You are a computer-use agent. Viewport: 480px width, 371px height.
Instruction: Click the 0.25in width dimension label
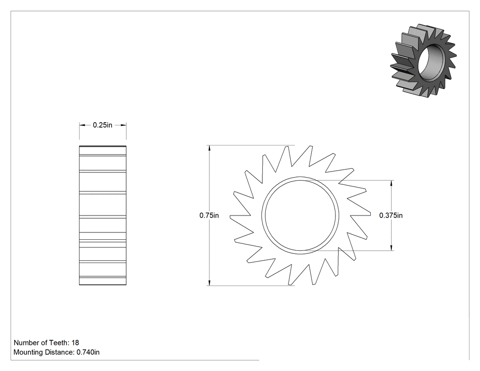pos(102,125)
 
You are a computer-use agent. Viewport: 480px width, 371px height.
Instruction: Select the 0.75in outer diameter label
pos(209,215)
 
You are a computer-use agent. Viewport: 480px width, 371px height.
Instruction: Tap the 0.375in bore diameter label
pos(391,215)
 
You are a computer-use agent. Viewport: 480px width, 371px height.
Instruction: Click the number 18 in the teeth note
pos(75,343)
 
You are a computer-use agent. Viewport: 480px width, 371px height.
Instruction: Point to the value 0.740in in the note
pos(88,352)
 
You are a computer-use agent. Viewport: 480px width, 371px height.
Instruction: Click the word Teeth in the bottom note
pos(60,343)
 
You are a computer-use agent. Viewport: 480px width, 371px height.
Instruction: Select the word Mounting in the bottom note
pos(28,352)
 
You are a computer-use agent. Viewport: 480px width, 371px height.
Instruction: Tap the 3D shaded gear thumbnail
pos(423,60)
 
